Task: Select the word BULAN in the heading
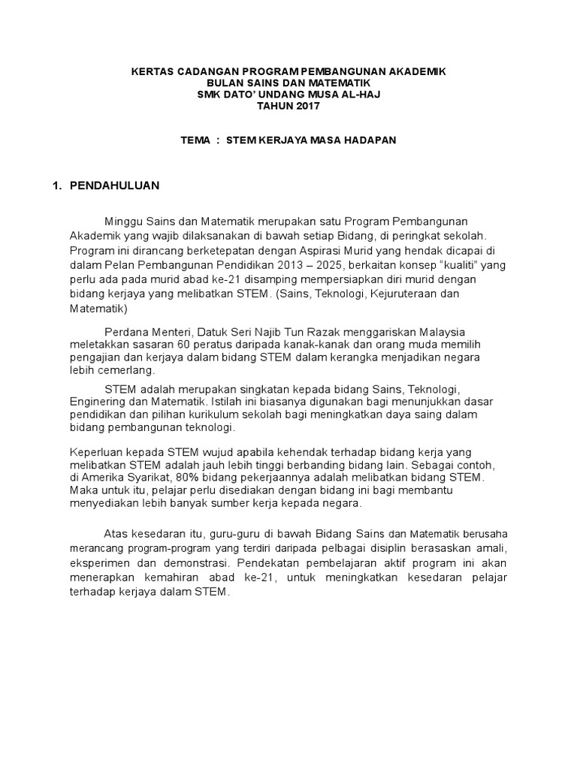(x=224, y=83)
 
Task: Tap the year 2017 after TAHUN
(x=307, y=107)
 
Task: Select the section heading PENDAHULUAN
(x=114, y=185)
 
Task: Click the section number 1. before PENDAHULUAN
(x=56, y=185)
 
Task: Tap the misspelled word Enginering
(x=97, y=402)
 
